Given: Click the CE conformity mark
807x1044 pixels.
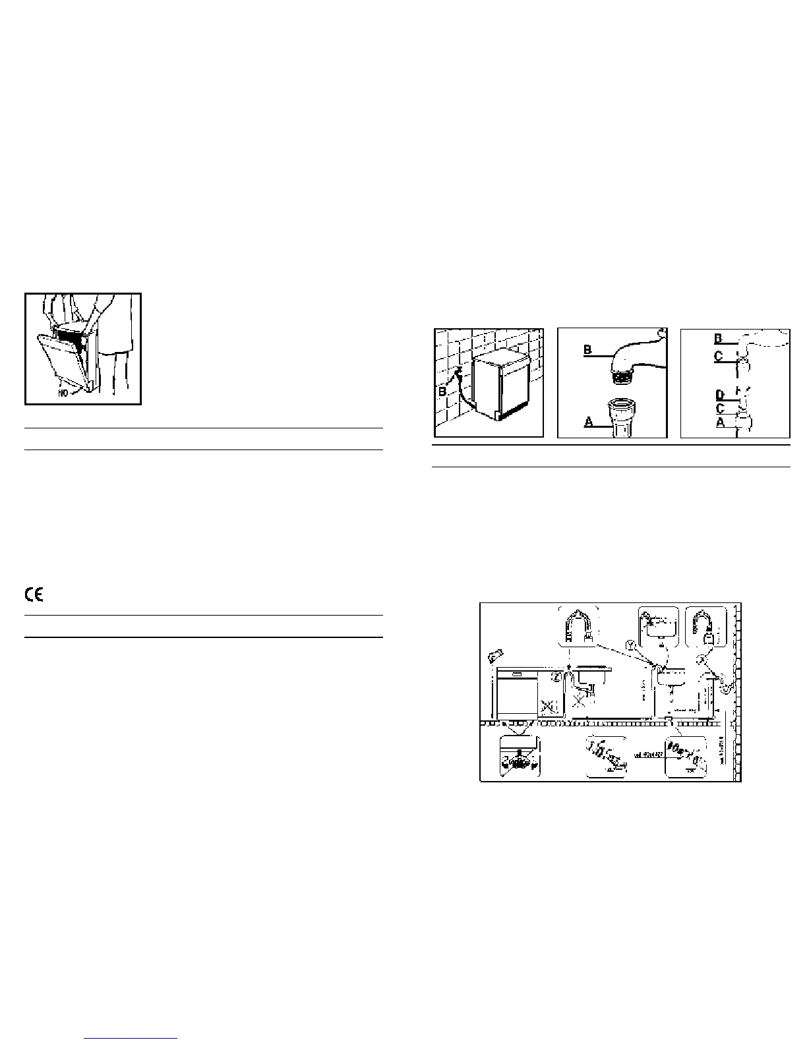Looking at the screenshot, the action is click(34, 594).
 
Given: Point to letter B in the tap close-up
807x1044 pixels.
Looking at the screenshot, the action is click(588, 351).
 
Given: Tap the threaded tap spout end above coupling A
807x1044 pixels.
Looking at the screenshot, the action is click(624, 378).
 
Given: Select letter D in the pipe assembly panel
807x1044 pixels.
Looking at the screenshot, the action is click(721, 395).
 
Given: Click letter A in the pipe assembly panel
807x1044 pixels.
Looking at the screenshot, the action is click(721, 423).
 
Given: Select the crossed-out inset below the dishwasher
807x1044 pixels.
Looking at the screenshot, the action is click(520, 758).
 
